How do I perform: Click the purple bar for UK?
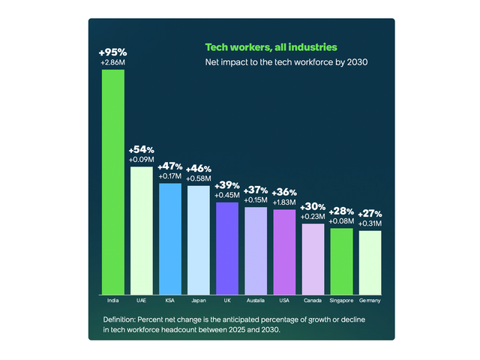click(227, 247)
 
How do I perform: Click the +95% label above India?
click(112, 52)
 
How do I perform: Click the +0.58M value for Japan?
click(199, 178)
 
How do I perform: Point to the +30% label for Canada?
click(313, 207)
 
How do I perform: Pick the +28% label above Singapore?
click(341, 211)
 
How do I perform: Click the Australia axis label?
click(256, 301)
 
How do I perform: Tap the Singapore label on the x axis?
click(341, 301)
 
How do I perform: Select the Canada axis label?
click(313, 301)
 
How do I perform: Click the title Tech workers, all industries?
click(265, 47)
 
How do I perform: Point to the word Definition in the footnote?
click(121, 319)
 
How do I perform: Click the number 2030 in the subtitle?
click(355, 62)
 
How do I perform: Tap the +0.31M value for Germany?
click(370, 223)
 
